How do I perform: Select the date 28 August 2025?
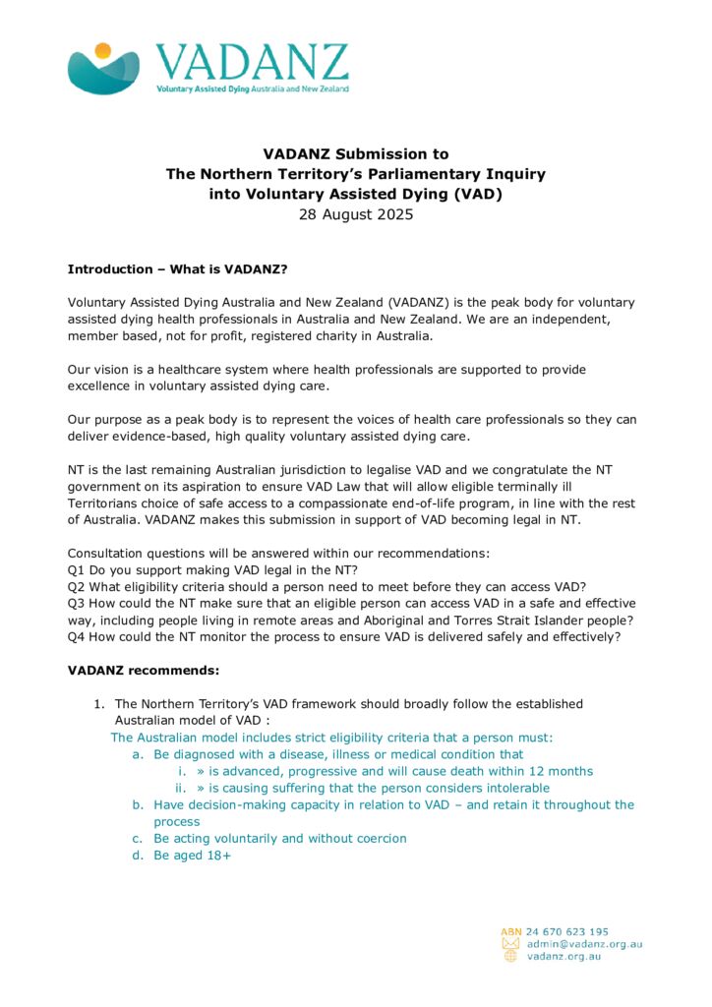click(x=356, y=214)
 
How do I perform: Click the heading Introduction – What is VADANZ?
click(x=177, y=268)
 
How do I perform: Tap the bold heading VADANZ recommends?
click(x=144, y=671)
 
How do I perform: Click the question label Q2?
click(x=77, y=587)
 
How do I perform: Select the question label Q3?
click(x=77, y=603)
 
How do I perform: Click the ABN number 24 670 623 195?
click(x=566, y=931)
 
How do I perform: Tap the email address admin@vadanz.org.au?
click(x=584, y=944)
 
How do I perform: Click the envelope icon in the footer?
click(x=510, y=944)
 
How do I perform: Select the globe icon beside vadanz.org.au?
click(x=510, y=956)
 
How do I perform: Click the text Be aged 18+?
click(x=192, y=855)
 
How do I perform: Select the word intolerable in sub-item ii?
click(x=513, y=788)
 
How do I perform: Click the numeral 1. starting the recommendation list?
click(x=99, y=704)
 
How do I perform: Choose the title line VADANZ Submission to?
click(x=356, y=153)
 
